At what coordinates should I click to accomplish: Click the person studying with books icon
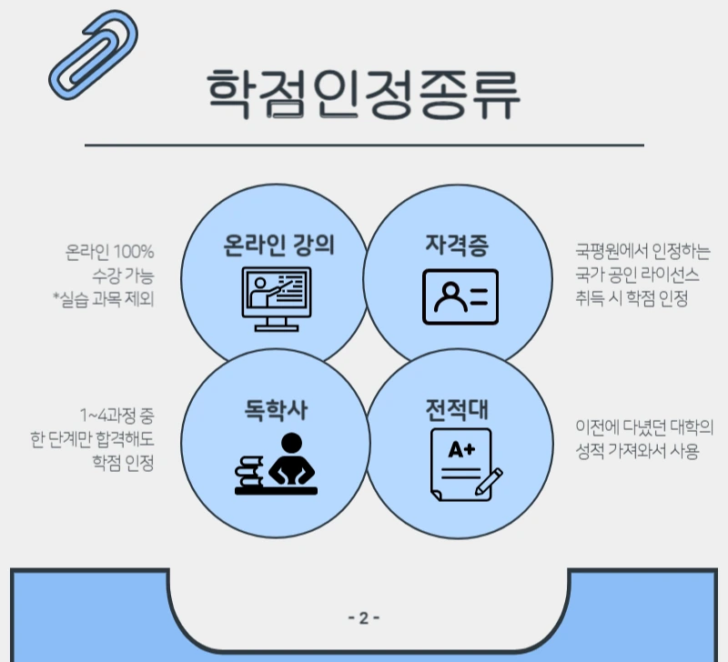click(276, 465)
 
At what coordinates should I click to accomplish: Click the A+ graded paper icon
click(460, 464)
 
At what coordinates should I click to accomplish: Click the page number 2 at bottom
click(364, 618)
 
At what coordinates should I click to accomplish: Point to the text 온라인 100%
click(110, 250)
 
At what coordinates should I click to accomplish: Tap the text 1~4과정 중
click(117, 416)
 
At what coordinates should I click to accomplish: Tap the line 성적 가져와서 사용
click(636, 451)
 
